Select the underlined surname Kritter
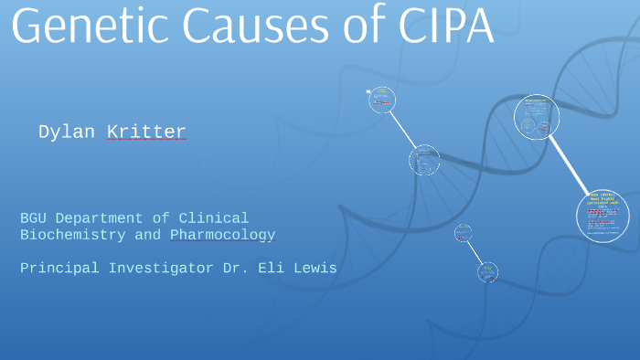coord(146,132)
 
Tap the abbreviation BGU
coord(34,218)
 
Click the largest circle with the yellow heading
coord(603,216)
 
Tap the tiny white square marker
coord(368,90)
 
